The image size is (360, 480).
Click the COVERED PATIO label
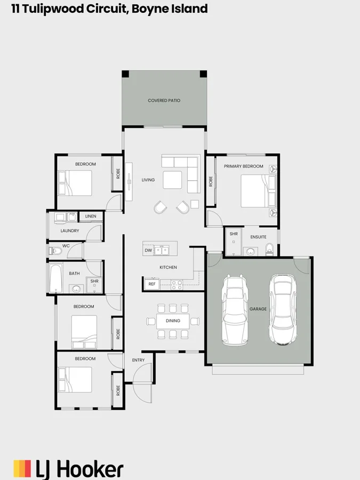click(164, 100)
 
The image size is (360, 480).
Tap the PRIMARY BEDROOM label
click(243, 166)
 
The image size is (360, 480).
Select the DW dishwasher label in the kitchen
click(148, 251)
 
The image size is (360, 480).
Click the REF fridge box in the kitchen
click(152, 284)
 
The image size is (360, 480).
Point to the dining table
click(173, 321)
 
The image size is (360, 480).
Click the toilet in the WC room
click(55, 251)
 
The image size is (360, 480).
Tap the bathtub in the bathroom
click(55, 278)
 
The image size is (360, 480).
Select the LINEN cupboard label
click(91, 216)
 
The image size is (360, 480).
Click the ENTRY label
click(138, 360)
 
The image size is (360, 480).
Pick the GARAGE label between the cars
click(258, 309)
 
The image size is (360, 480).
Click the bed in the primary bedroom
click(258, 191)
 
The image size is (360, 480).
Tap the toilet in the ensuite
click(269, 249)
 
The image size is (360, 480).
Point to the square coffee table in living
click(172, 180)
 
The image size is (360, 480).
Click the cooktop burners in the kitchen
click(177, 285)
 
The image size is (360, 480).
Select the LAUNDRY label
click(70, 231)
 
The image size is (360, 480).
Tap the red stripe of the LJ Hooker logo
click(28, 468)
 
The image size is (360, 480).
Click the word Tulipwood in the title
click(53, 9)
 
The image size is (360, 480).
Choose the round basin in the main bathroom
click(76, 289)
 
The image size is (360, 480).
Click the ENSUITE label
click(258, 237)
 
